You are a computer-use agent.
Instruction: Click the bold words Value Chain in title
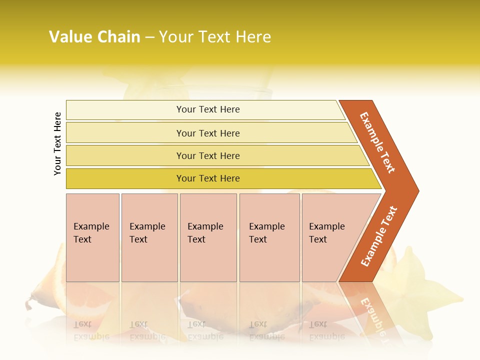coord(94,37)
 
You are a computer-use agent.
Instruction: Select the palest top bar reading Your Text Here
coord(207,109)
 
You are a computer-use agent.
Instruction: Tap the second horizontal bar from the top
coord(207,133)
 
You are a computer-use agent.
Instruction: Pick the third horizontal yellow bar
coord(207,155)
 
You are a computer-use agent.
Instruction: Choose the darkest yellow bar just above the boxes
coord(207,178)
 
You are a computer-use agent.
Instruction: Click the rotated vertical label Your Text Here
coord(57,143)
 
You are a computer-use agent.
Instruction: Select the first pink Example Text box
coord(92,237)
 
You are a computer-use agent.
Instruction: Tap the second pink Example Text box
coord(149,237)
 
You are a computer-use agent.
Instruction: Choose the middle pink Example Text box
coord(208,237)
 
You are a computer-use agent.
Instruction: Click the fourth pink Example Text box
coord(269,237)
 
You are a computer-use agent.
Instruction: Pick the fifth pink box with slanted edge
coord(327,237)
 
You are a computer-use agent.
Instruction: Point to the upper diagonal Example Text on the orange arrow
coord(377,142)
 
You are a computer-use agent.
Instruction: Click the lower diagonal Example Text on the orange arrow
coord(379,236)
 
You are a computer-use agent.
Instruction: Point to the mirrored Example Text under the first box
coord(91,330)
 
